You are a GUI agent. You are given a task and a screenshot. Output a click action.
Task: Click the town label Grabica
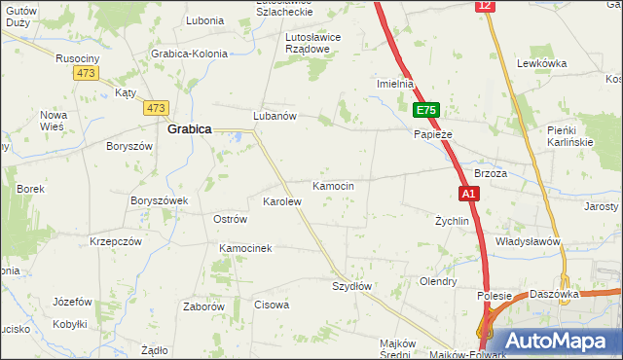[x=190, y=127]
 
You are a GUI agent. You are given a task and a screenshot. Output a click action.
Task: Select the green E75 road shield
[x=426, y=110]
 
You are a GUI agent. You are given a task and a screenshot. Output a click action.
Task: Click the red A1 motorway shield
[x=468, y=194]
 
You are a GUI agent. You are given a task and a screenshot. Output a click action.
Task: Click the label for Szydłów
[x=352, y=286]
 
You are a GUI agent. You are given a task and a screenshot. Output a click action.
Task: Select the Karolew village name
[x=282, y=201]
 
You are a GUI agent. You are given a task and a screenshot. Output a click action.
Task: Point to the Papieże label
[x=433, y=133]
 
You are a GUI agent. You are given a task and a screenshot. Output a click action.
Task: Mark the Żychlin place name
[x=452, y=221]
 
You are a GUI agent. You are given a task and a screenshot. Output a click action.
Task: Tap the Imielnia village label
[x=396, y=85]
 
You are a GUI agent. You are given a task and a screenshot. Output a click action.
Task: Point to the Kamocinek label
[x=245, y=248]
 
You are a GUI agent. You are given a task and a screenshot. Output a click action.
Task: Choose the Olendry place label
[x=437, y=281]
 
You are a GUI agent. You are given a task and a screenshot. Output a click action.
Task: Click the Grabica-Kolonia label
[x=189, y=54]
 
